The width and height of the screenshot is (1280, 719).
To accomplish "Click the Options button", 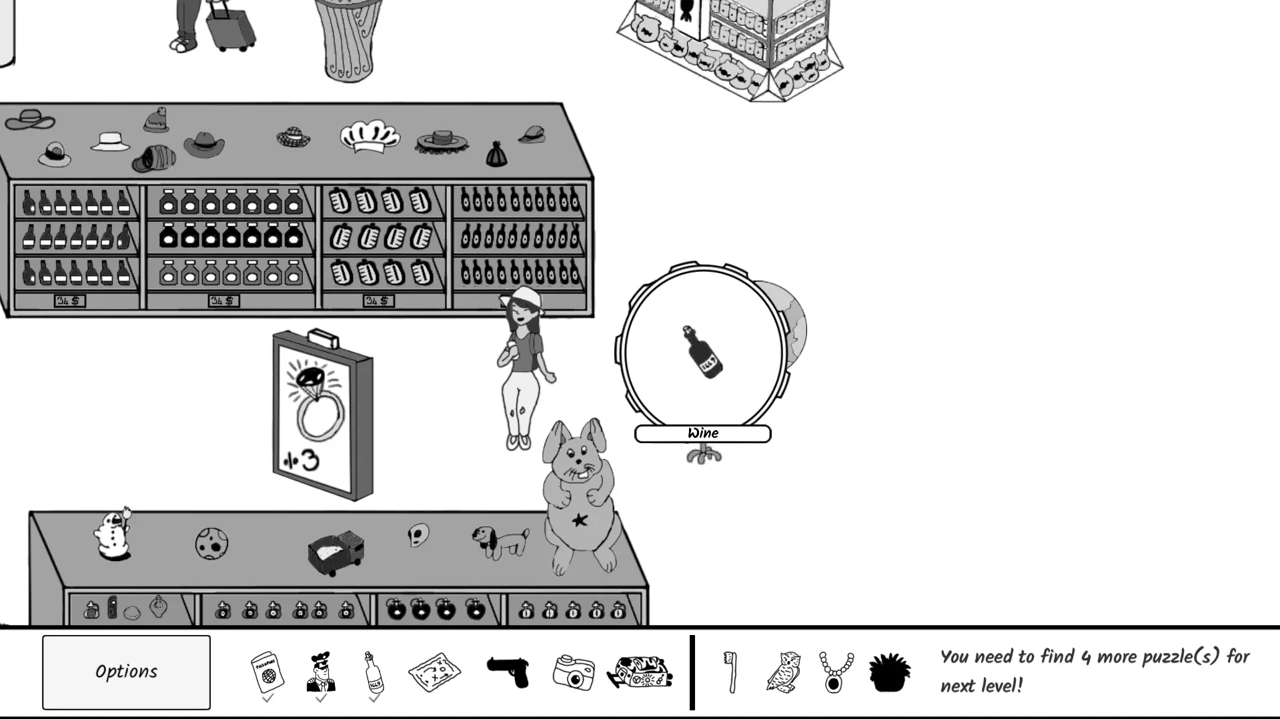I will (126, 672).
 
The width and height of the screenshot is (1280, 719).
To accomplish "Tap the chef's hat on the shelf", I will (370, 137).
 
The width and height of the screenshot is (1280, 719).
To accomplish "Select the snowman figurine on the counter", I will (112, 535).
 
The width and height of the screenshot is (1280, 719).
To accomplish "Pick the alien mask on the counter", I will (418, 534).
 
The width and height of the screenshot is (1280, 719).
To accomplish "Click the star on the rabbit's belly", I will (580, 520).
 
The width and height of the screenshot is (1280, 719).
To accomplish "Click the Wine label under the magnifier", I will (702, 434).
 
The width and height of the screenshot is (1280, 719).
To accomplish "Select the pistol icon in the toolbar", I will (508, 670).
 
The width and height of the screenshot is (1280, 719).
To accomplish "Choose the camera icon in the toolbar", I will (574, 672).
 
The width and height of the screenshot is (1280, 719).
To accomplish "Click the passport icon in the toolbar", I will (267, 672).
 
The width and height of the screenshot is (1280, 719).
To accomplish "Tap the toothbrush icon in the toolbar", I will (731, 672).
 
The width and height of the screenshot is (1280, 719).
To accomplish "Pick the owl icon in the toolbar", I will (783, 672).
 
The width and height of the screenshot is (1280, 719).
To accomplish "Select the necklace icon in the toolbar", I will (835, 672).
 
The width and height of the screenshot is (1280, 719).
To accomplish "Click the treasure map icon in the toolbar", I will (434, 672).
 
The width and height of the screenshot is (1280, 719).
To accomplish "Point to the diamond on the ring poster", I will (309, 378).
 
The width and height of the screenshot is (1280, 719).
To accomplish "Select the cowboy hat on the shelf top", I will (204, 144).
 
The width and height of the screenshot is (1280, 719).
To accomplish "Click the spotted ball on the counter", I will (211, 544).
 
